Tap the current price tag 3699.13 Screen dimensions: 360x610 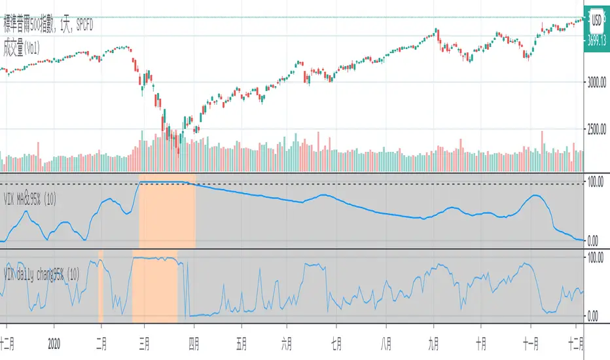click(x=596, y=41)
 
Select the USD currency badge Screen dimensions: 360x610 click(x=597, y=20)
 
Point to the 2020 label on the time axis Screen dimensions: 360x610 click(x=55, y=341)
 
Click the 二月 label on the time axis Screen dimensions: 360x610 click(x=100, y=341)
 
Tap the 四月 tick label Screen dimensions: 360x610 click(x=194, y=341)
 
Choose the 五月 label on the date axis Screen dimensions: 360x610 click(x=241, y=341)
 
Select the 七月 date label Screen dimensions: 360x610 click(x=334, y=341)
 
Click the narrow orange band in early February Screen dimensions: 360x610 click(x=101, y=288)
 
